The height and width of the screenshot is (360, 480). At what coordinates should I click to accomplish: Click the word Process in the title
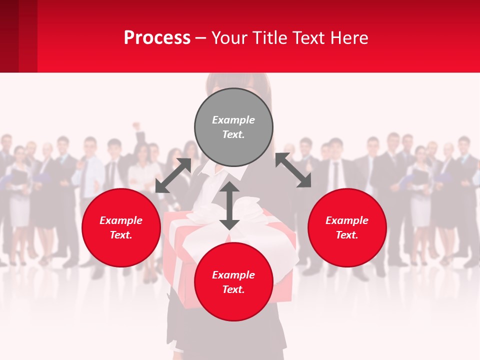pos(157,38)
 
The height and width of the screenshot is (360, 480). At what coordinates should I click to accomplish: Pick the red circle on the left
pos(121,227)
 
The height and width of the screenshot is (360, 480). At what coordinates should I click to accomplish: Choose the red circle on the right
pos(347,227)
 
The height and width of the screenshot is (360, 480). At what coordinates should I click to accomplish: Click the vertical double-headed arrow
pos(229,206)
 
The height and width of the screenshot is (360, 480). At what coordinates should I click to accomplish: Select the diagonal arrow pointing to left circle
pos(173,175)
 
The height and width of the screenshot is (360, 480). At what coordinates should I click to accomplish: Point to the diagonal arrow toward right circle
pos(293,170)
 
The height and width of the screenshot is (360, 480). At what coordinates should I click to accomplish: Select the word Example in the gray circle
pos(233,120)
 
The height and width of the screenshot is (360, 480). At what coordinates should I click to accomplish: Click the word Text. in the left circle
pos(121,235)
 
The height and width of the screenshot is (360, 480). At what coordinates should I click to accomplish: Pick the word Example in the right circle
pos(347,220)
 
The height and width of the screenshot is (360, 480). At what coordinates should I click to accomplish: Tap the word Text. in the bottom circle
pos(233,289)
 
